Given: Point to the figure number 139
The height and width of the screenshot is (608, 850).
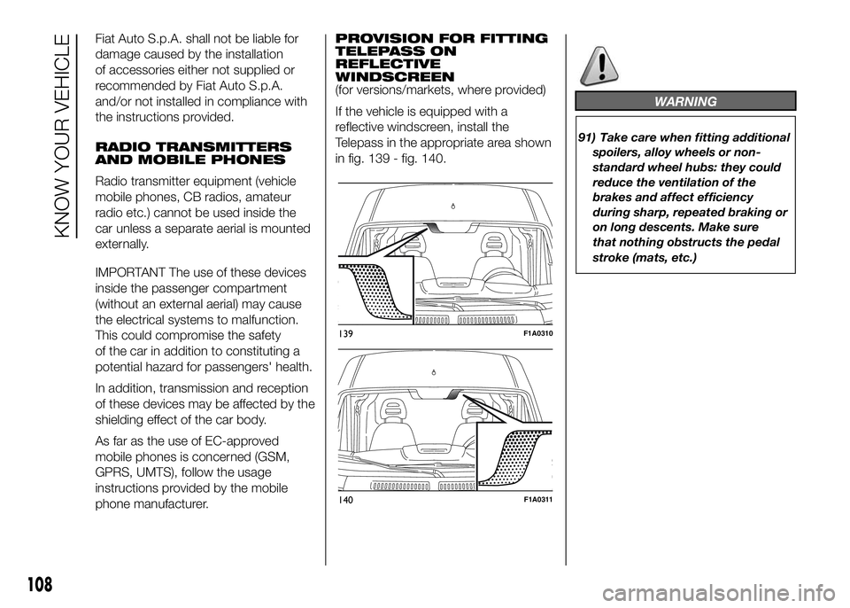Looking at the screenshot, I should pyautogui.click(x=345, y=333).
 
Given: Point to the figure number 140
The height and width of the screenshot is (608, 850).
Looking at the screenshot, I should pyautogui.click(x=346, y=501).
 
